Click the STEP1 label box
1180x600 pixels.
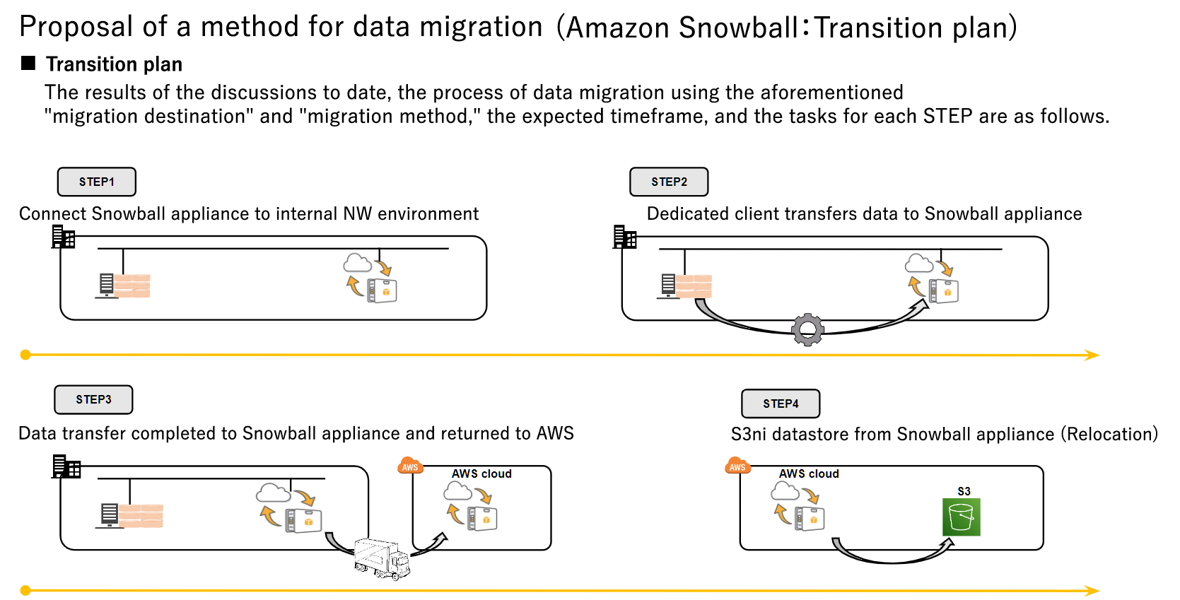click(96, 182)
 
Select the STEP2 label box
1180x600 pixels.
click(669, 182)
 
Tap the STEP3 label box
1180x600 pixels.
click(93, 399)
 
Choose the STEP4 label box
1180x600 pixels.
click(781, 404)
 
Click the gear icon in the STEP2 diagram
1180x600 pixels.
click(807, 329)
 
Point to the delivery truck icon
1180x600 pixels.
click(382, 559)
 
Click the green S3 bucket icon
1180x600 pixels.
click(962, 517)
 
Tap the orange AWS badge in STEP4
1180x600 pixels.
click(737, 466)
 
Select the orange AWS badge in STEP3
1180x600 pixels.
click(410, 466)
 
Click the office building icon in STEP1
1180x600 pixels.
click(63, 237)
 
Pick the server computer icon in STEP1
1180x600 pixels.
click(107, 286)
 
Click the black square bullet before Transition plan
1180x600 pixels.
click(28, 64)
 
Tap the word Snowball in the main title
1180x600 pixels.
click(738, 28)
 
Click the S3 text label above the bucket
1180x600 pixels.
click(964, 491)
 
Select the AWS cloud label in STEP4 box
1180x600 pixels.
click(809, 473)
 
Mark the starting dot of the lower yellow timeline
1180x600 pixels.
click(25, 590)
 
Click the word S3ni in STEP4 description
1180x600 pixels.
click(748, 434)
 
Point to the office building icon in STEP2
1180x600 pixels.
click(624, 237)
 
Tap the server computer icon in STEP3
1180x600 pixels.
click(110, 515)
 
